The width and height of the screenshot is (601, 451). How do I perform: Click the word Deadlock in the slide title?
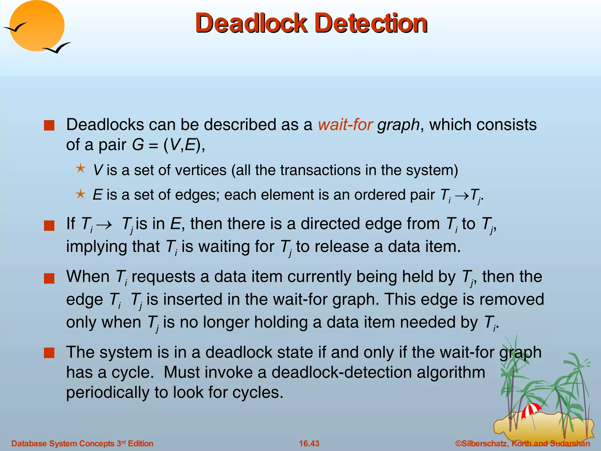tap(251, 23)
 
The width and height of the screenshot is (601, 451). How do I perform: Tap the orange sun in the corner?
tap(37, 26)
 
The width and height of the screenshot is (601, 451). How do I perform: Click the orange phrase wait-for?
tap(345, 124)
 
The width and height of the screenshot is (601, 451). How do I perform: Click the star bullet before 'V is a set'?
tap(80, 169)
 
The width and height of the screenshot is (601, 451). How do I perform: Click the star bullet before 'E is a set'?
tap(80, 194)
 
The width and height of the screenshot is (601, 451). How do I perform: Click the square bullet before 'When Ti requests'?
tap(49, 278)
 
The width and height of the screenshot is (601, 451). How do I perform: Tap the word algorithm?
tap(451, 372)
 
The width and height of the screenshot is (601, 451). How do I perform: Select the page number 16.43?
tap(309, 443)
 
